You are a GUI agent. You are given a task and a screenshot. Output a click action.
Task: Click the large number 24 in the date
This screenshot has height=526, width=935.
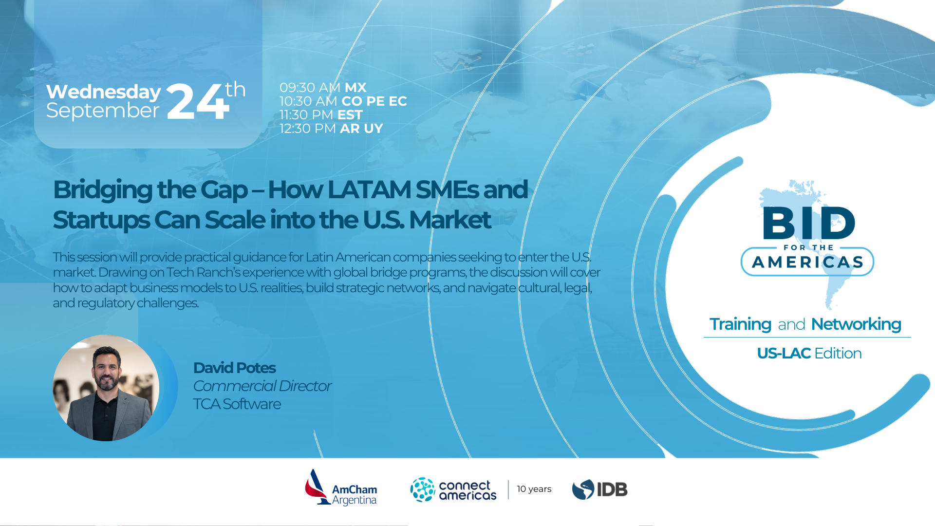click(197, 102)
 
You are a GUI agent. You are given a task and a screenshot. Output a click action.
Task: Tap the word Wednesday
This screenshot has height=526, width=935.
click(103, 92)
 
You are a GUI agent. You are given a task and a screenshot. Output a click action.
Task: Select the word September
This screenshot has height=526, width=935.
click(103, 111)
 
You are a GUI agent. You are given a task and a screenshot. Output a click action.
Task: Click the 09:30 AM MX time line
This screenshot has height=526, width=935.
click(322, 88)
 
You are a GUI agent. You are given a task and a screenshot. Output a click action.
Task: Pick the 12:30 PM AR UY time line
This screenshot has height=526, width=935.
click(331, 129)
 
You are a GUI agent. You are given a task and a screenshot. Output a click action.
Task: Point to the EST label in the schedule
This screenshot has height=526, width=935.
click(350, 115)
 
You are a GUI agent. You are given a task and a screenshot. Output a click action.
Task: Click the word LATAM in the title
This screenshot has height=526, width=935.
click(369, 190)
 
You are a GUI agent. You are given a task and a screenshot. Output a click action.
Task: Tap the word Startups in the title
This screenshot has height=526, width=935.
click(101, 220)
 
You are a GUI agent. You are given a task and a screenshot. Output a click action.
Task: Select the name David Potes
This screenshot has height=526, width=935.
click(234, 368)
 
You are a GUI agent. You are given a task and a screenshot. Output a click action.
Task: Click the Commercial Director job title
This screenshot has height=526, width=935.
click(262, 386)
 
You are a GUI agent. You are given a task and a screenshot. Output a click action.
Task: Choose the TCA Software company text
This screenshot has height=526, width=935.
click(237, 404)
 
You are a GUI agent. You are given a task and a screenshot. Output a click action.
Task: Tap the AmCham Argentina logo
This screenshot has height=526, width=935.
click(341, 488)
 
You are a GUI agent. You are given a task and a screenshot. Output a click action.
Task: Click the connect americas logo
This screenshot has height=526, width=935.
click(453, 490)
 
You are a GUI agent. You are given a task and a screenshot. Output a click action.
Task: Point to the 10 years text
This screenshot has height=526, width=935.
click(534, 489)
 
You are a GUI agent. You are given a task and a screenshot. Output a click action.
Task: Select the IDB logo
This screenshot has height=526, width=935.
click(599, 489)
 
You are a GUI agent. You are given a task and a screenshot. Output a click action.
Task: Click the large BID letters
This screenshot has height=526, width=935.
click(808, 223)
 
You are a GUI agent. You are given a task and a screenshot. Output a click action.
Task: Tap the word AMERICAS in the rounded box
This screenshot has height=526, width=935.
click(807, 263)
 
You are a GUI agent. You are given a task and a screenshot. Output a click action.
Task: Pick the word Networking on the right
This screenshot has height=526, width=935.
click(856, 324)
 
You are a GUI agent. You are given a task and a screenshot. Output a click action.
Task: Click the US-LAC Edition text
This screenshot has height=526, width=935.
click(809, 353)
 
